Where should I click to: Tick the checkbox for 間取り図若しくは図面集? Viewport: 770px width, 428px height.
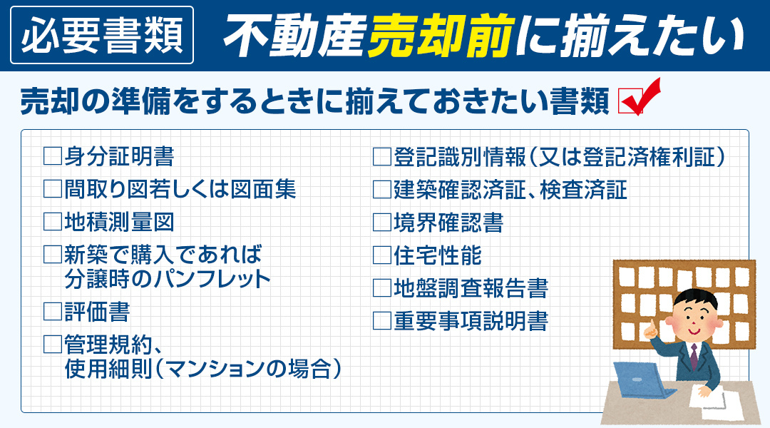[52, 189]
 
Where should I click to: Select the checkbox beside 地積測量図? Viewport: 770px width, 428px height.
[52, 222]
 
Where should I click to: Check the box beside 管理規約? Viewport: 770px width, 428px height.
[52, 345]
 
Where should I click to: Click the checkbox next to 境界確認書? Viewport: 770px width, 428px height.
[382, 223]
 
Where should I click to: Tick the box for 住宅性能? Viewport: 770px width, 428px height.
[382, 255]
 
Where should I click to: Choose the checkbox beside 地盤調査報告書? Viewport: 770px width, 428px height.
[382, 288]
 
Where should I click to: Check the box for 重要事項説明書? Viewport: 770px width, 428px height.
[382, 321]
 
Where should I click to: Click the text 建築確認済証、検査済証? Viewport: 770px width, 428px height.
[510, 190]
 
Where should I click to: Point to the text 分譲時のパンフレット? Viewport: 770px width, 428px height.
[168, 278]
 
